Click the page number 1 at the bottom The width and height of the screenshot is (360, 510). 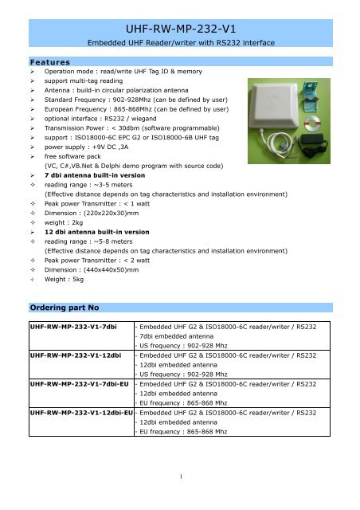coord(182,478)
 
